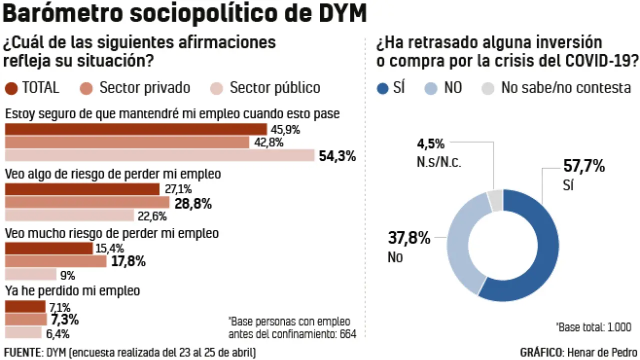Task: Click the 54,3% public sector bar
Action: [159, 155]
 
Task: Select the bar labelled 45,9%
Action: [136, 129]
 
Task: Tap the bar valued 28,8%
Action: [87, 202]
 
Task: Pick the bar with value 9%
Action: [30, 274]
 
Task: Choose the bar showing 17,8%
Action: [55, 261]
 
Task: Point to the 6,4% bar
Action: [23, 332]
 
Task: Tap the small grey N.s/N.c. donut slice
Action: [495, 200]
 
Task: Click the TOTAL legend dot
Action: [10, 88]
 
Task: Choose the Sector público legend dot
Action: [216, 88]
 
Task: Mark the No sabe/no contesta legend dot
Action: [488, 88]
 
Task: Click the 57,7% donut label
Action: [584, 165]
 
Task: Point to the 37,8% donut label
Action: [409, 238]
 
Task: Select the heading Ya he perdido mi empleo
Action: [72, 290]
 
